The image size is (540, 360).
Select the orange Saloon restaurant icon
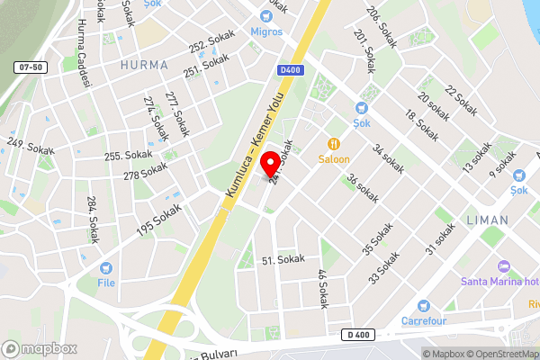point(334,143)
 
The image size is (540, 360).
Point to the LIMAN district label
point(487,220)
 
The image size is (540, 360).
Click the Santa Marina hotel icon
point(503,265)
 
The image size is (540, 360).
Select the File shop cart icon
point(106,267)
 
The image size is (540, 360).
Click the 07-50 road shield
point(30,67)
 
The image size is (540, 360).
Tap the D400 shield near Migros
point(289,70)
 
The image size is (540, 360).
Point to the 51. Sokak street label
point(283,259)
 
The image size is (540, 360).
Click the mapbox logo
point(40,347)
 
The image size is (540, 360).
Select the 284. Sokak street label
point(92,219)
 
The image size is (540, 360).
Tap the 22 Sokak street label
point(461,102)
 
